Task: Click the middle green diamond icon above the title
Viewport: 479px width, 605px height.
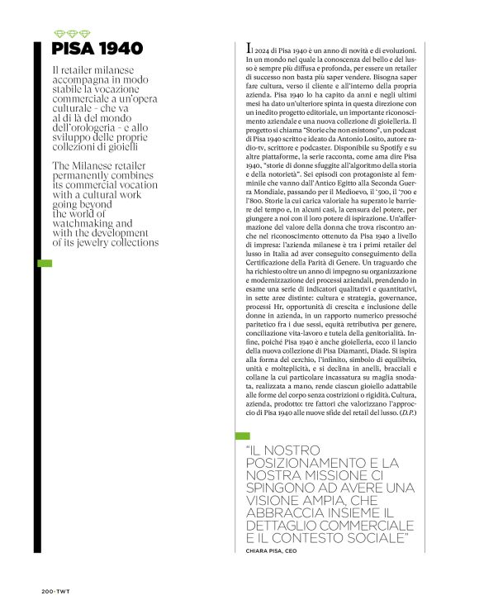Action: [x=68, y=34]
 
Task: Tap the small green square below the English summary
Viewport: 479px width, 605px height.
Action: [x=46, y=264]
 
